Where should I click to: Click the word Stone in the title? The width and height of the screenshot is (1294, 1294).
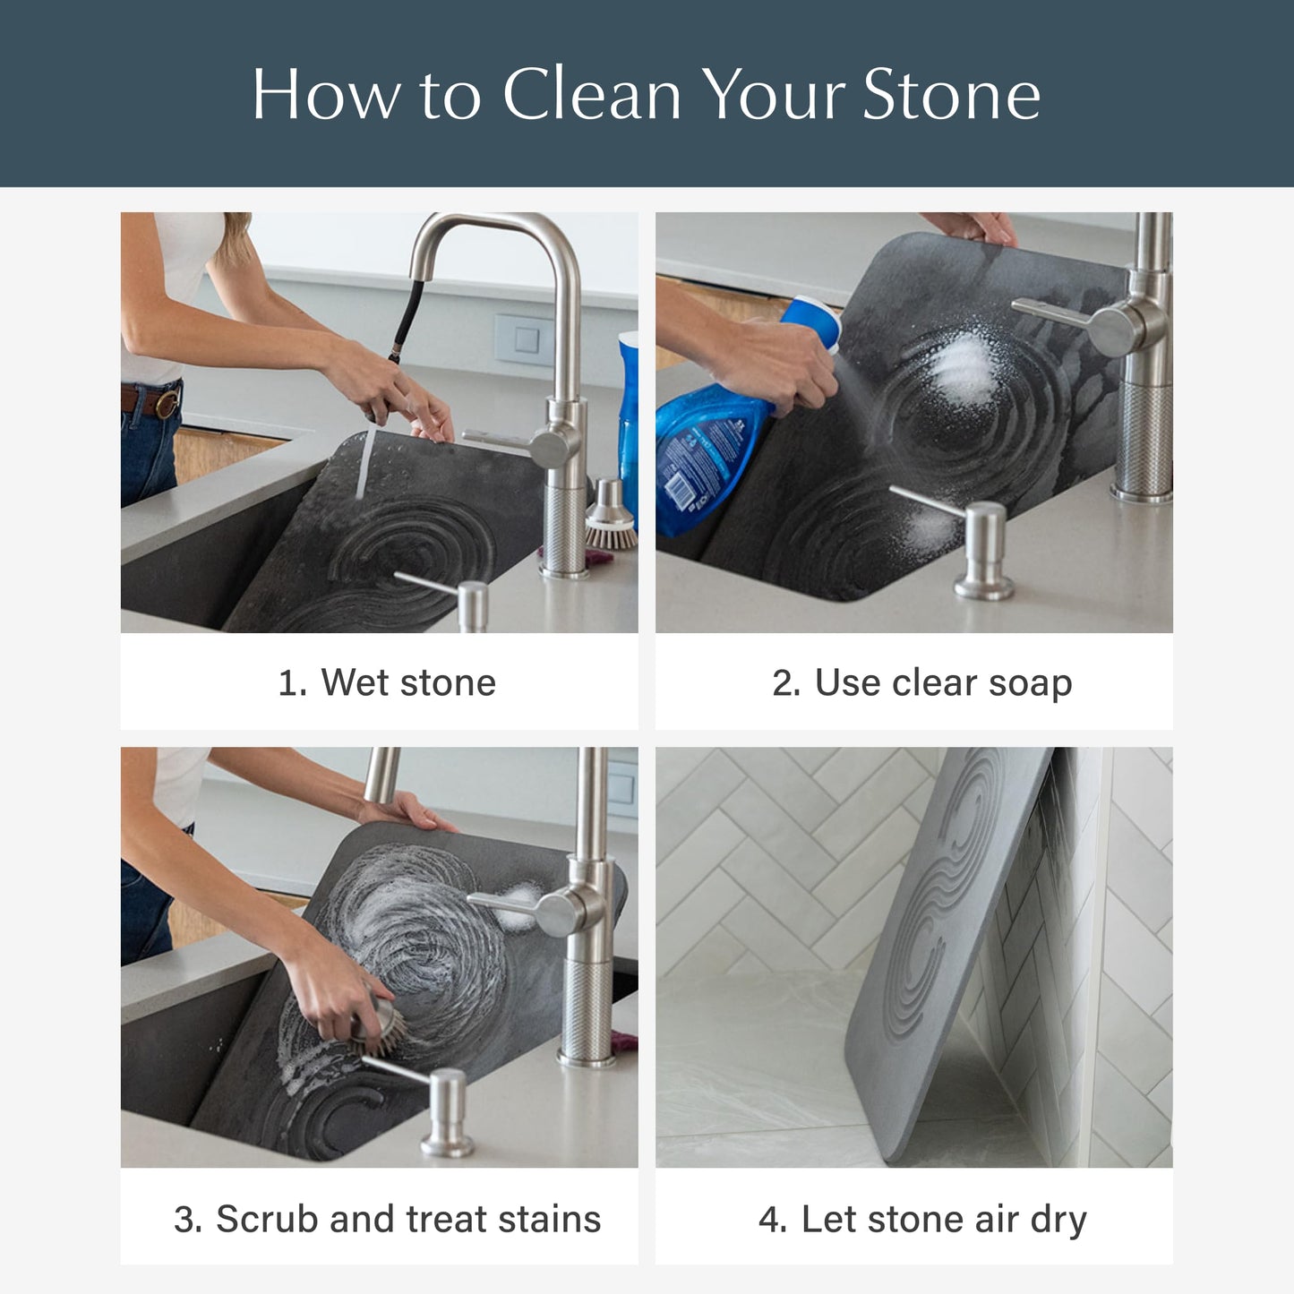point(951,94)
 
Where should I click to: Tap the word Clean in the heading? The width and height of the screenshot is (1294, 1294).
point(592,94)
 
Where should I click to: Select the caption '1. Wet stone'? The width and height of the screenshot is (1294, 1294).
point(387,682)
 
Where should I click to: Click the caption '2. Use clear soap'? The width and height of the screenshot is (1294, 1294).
point(921,682)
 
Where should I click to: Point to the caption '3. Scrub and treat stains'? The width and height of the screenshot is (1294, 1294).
point(387,1219)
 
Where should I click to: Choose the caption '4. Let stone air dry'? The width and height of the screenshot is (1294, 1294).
point(921,1219)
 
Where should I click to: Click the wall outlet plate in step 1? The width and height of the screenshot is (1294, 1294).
point(520,338)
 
